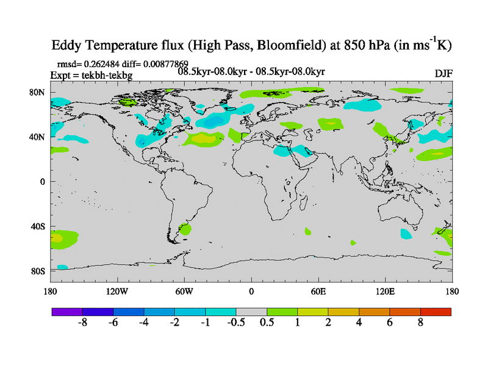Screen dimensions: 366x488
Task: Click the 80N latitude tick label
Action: (x=38, y=92)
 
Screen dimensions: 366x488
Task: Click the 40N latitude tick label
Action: (x=38, y=137)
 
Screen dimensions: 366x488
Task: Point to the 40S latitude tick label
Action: (x=38, y=226)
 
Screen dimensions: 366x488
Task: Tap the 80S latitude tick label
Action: (x=38, y=271)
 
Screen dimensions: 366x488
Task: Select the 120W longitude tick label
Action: (x=117, y=291)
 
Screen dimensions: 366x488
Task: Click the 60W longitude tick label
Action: (x=184, y=291)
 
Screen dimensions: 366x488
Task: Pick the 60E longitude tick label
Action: (x=318, y=291)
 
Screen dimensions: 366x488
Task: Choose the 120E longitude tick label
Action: (x=386, y=291)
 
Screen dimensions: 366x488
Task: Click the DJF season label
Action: (x=443, y=73)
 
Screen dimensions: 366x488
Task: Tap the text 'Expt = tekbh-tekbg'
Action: (x=91, y=75)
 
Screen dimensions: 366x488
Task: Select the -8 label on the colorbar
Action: (x=83, y=323)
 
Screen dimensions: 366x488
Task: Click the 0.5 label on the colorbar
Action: (x=267, y=323)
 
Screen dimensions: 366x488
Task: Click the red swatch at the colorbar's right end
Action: (x=436, y=312)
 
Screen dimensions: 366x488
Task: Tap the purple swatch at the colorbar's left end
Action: (x=67, y=312)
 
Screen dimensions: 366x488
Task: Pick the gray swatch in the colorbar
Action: (x=251, y=312)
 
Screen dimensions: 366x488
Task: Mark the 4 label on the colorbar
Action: (x=359, y=323)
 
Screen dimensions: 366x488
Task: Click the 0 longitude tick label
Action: (x=251, y=291)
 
